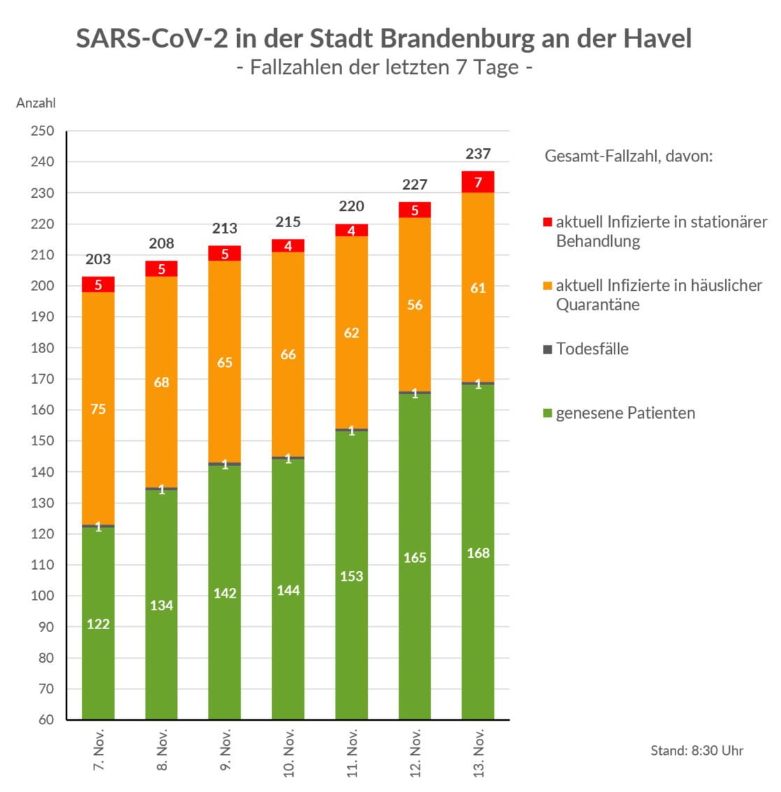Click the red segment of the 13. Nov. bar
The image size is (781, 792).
[x=478, y=182]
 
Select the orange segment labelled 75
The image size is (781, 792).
[x=98, y=408]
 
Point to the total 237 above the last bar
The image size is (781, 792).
[x=478, y=154]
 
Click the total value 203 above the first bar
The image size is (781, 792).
[x=98, y=259]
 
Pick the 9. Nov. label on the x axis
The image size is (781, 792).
[x=225, y=749]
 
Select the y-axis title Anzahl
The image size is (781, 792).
[x=36, y=103]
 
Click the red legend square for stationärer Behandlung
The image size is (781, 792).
[x=547, y=222]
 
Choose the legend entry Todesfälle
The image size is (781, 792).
[x=592, y=349]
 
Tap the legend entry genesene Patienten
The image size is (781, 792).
[x=625, y=412]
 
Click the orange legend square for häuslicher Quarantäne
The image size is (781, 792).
[x=547, y=286]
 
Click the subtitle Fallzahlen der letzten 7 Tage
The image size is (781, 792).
[x=384, y=68]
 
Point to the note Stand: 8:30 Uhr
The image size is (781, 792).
[x=696, y=751]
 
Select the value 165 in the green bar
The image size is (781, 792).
[x=415, y=558]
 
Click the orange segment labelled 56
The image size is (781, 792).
[x=415, y=305]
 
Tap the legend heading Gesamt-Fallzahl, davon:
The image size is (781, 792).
[x=629, y=156]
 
